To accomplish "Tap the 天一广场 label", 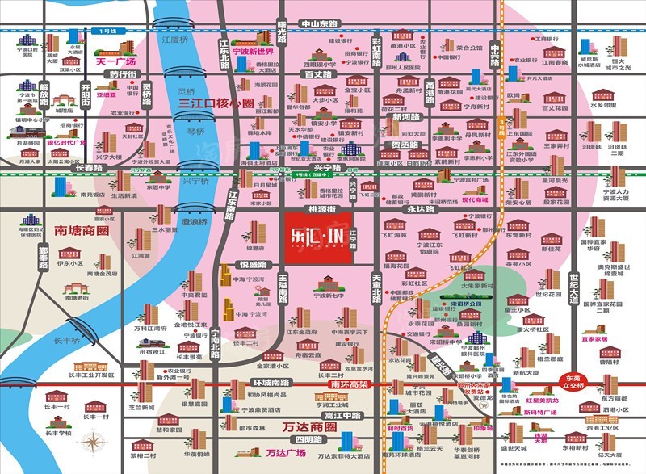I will [x=116, y=61].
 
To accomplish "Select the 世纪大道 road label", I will [x=575, y=287].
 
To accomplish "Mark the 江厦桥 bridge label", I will [x=174, y=39].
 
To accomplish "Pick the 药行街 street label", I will [x=123, y=73].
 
